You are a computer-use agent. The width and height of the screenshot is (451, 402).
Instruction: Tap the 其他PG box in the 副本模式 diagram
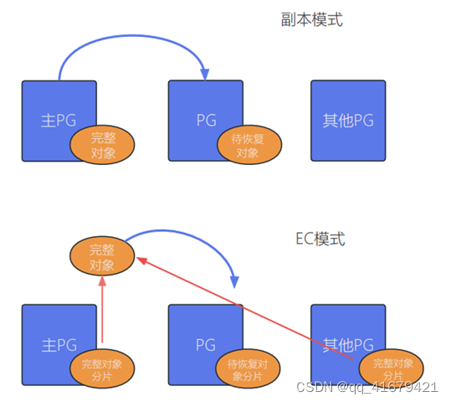tap(348, 120)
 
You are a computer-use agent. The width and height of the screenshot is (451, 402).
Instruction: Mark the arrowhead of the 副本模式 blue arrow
tap(203, 75)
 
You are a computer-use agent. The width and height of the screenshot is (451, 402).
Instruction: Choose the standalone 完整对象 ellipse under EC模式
tap(102, 256)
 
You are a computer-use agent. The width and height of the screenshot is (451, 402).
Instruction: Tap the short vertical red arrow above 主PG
tap(103, 310)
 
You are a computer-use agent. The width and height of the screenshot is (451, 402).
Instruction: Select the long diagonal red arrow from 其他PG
tap(251, 306)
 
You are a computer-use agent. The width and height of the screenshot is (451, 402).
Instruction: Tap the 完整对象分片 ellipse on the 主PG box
tap(102, 369)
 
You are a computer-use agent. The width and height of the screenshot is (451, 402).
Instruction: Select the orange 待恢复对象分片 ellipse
tap(248, 369)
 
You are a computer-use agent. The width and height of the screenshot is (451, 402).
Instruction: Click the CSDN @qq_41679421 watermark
tap(367, 387)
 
